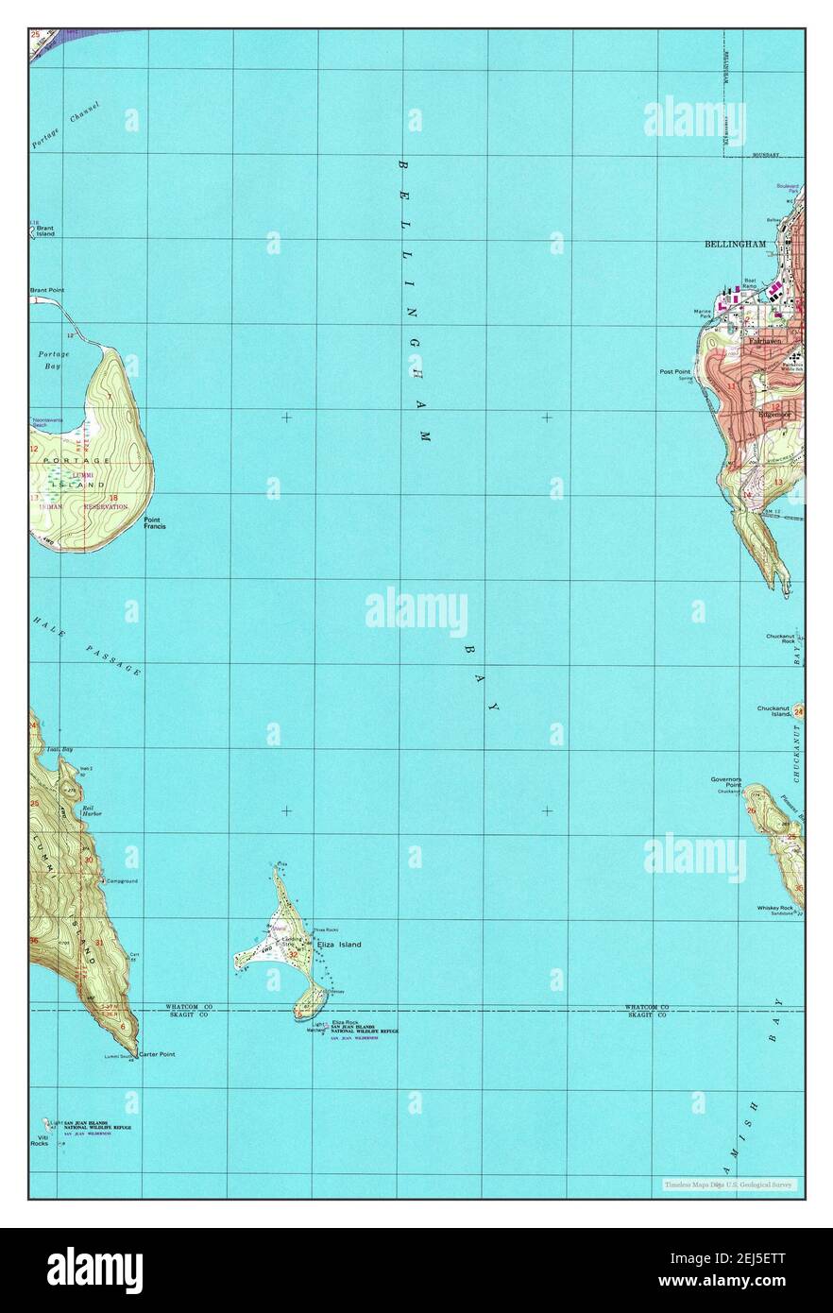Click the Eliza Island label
(x=338, y=944)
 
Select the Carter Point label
(x=157, y=1053)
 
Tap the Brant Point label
(x=46, y=290)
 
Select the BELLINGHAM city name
(x=735, y=244)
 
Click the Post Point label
(x=674, y=372)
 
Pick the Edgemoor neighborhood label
(x=773, y=414)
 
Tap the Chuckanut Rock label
(x=781, y=639)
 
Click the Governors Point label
(x=726, y=781)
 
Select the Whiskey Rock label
(x=774, y=908)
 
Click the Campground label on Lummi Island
(x=122, y=880)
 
